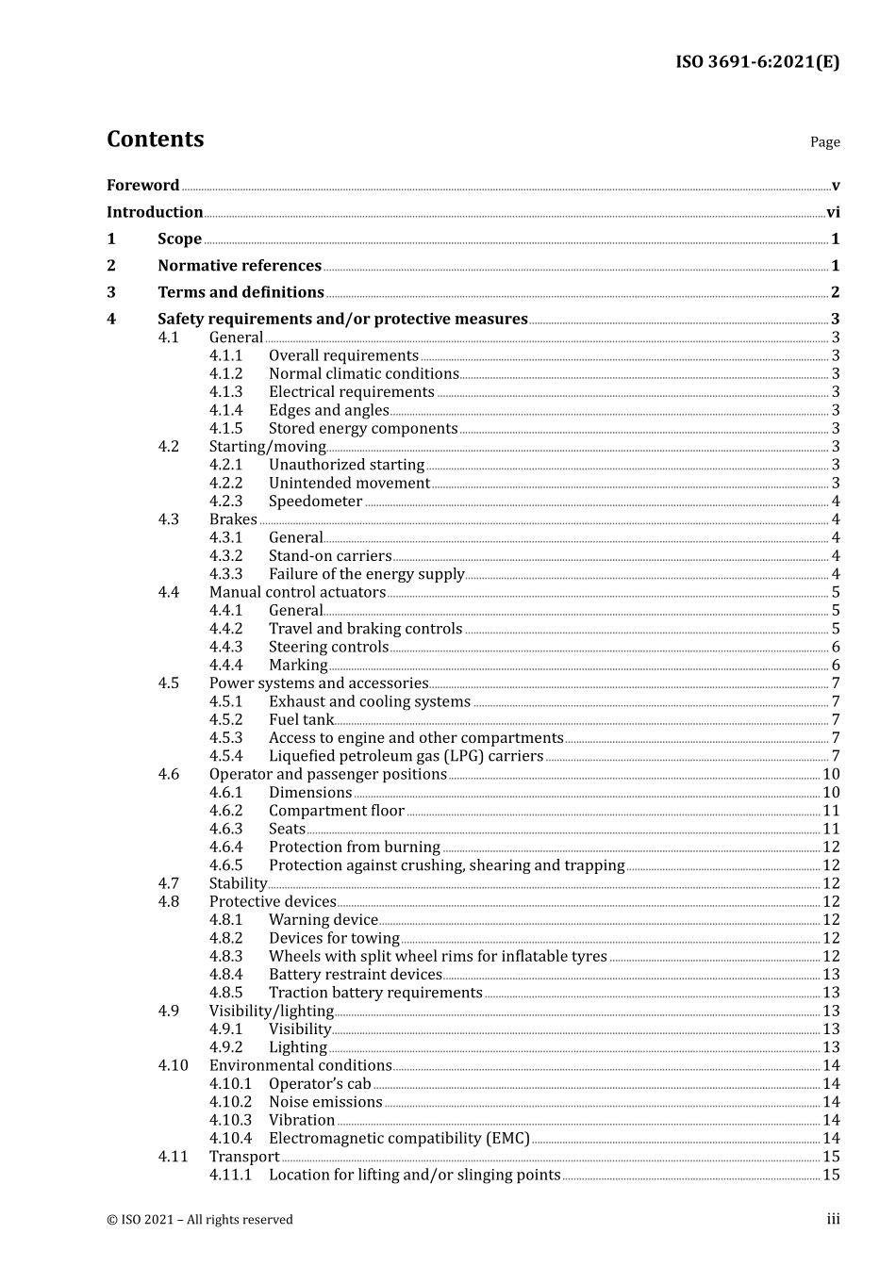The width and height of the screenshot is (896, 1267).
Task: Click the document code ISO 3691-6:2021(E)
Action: pyautogui.click(x=756, y=62)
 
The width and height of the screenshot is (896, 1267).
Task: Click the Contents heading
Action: pyautogui.click(x=155, y=140)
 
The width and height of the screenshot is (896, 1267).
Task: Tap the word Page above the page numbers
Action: pyautogui.click(x=824, y=142)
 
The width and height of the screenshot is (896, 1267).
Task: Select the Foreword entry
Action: pyautogui.click(x=142, y=186)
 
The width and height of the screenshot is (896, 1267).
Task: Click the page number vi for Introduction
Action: pyautogui.click(x=833, y=212)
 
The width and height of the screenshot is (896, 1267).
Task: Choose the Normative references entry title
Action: pyautogui.click(x=240, y=266)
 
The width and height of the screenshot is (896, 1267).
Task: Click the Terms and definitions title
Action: pyautogui.click(x=241, y=292)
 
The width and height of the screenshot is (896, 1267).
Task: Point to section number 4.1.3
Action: pyautogui.click(x=225, y=392)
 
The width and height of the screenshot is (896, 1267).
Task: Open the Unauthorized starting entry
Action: pyautogui.click(x=346, y=465)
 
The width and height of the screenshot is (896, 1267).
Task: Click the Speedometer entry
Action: pyautogui.click(x=315, y=502)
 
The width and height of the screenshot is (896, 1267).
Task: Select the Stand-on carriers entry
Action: pyautogui.click(x=330, y=556)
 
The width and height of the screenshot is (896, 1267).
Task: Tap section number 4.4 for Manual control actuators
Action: pyautogui.click(x=169, y=592)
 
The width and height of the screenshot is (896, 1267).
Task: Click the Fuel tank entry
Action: pyautogui.click(x=301, y=720)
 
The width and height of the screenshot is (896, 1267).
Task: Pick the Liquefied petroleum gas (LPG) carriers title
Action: pyautogui.click(x=406, y=756)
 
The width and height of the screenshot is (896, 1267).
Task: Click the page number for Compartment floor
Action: pyautogui.click(x=831, y=811)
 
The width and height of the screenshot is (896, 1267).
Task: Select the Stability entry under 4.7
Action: pyautogui.click(x=238, y=883)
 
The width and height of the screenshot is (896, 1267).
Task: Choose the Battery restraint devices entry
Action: pyautogui.click(x=355, y=975)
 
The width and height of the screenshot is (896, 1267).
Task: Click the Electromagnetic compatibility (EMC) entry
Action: pyautogui.click(x=399, y=1139)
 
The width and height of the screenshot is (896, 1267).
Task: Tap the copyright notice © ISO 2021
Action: pyautogui.click(x=199, y=1220)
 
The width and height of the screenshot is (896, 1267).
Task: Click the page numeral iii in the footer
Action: pyautogui.click(x=833, y=1220)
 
